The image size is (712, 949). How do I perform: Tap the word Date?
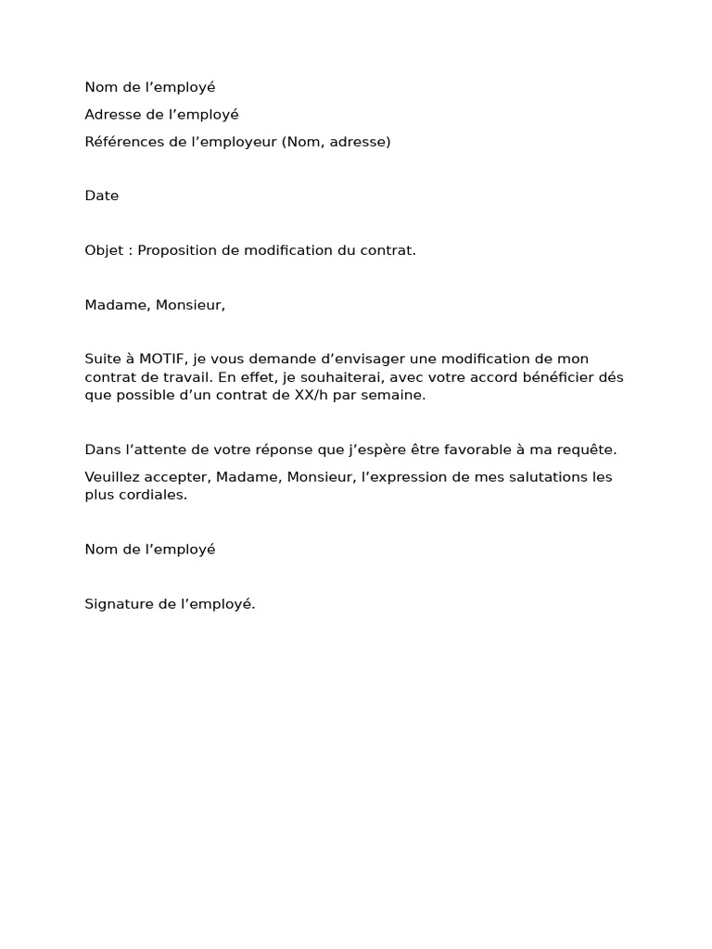pyautogui.click(x=102, y=196)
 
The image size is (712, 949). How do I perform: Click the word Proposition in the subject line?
pyautogui.click(x=178, y=250)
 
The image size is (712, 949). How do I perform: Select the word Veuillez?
pyautogui.click(x=115, y=477)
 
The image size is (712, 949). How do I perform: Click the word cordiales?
pyautogui.click(x=152, y=495)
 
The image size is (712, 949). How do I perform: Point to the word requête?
pyautogui.click(x=586, y=449)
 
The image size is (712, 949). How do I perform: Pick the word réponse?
pyautogui.click(x=276, y=449)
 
